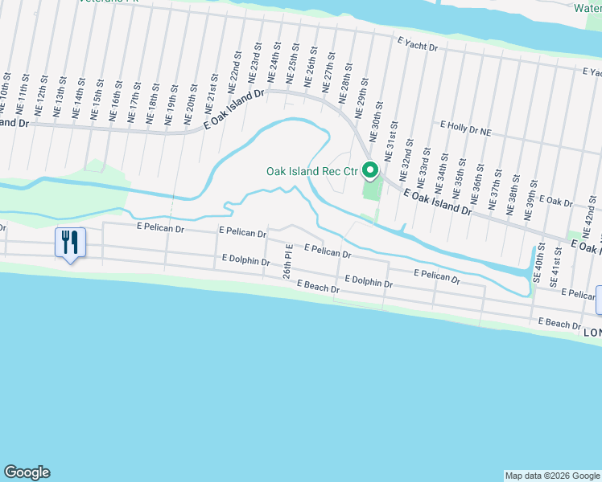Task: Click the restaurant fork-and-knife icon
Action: click(70, 241)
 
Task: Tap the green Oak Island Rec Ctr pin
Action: click(370, 170)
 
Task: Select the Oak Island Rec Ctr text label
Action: click(311, 171)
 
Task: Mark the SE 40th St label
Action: click(536, 271)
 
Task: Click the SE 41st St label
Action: click(554, 272)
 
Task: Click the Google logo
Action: click(27, 472)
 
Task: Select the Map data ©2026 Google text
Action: click(551, 476)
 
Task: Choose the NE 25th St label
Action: click(292, 70)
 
